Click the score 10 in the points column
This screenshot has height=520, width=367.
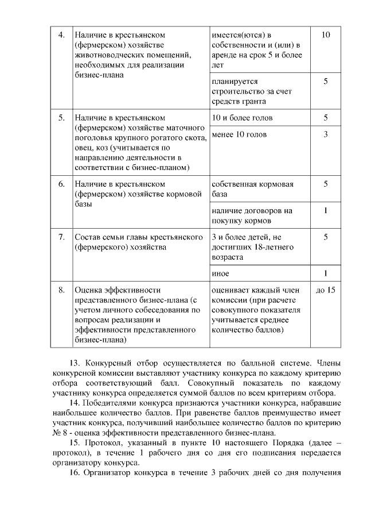point(325,35)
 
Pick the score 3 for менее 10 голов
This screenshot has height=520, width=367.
point(325,134)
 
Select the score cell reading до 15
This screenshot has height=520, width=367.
point(325,290)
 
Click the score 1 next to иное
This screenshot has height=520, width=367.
point(325,273)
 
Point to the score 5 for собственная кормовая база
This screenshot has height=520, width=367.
point(325,184)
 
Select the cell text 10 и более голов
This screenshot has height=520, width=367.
point(242,118)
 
